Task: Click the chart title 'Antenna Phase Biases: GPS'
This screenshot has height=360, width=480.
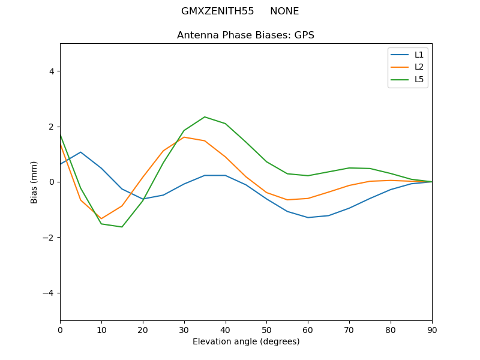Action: (245, 35)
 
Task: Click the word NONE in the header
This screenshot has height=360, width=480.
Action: (284, 11)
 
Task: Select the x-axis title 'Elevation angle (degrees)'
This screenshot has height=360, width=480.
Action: (245, 341)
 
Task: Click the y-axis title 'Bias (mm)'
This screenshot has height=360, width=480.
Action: (34, 182)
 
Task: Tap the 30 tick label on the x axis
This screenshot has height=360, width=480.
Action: (184, 329)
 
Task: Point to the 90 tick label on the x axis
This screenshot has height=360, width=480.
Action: (432, 329)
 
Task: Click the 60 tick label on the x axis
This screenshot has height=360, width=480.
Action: (308, 329)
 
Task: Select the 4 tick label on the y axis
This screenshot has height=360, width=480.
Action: (51, 71)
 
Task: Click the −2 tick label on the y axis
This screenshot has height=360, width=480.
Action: (48, 238)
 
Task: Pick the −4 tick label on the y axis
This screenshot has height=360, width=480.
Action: (48, 293)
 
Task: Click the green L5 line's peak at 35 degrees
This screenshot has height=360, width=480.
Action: (205, 117)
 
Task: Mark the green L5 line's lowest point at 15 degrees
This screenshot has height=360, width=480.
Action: (122, 227)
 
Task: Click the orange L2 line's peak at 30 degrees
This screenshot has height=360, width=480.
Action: (184, 137)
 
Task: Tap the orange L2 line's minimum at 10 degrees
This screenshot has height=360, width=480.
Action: (101, 218)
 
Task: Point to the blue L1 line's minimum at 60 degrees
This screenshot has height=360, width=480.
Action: (308, 217)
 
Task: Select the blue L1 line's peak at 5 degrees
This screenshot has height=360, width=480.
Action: (80, 152)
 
